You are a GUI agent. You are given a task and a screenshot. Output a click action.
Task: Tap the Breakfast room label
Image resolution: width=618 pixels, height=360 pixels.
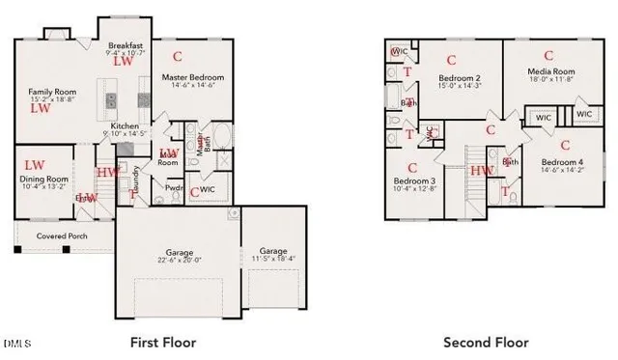126,45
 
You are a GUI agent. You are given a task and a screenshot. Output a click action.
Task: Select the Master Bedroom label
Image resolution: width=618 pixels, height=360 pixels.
193,77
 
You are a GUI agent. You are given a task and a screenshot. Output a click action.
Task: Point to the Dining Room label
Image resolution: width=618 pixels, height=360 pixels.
43,179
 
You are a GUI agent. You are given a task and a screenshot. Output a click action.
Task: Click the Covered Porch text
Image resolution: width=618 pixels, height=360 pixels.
62,235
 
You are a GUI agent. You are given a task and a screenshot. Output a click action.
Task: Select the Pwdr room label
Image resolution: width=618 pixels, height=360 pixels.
175,188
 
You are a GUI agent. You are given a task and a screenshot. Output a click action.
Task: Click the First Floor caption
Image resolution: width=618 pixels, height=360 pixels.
163,343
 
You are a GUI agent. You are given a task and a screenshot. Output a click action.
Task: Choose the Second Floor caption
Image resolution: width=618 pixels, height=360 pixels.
486,343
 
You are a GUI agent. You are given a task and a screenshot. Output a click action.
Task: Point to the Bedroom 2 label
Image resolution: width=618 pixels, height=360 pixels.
460,78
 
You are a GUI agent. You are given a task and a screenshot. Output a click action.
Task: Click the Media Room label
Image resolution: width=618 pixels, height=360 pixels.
550,71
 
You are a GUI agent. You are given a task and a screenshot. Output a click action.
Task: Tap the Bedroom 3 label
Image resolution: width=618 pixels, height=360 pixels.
414,180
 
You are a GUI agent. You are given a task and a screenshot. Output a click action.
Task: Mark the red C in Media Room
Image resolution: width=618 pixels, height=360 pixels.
548,55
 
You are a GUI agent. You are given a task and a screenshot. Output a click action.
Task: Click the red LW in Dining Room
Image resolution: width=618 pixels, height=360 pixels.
35,165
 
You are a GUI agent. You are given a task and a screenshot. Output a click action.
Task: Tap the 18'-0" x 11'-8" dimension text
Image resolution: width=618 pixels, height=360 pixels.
550,80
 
